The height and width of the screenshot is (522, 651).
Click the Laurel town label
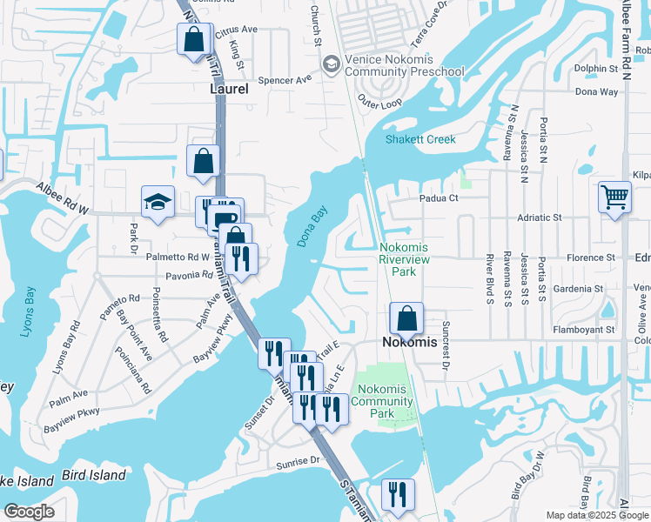pos(229,89)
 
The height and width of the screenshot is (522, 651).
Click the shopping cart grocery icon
pos(614,197)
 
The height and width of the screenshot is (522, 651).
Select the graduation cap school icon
pos(158,203)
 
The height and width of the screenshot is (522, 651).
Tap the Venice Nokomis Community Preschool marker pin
pos(331,64)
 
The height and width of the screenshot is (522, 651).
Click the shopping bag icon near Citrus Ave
pos(193,39)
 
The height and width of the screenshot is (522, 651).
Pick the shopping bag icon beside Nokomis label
pos(406,318)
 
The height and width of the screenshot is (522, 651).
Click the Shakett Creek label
pos(421,139)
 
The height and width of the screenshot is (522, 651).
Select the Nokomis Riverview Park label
pos(409,259)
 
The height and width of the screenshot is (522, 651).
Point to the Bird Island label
pos(94,475)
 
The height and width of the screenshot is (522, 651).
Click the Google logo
pos(30,512)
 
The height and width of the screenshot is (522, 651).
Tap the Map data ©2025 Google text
pos(597,515)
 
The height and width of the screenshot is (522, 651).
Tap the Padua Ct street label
pos(441,197)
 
